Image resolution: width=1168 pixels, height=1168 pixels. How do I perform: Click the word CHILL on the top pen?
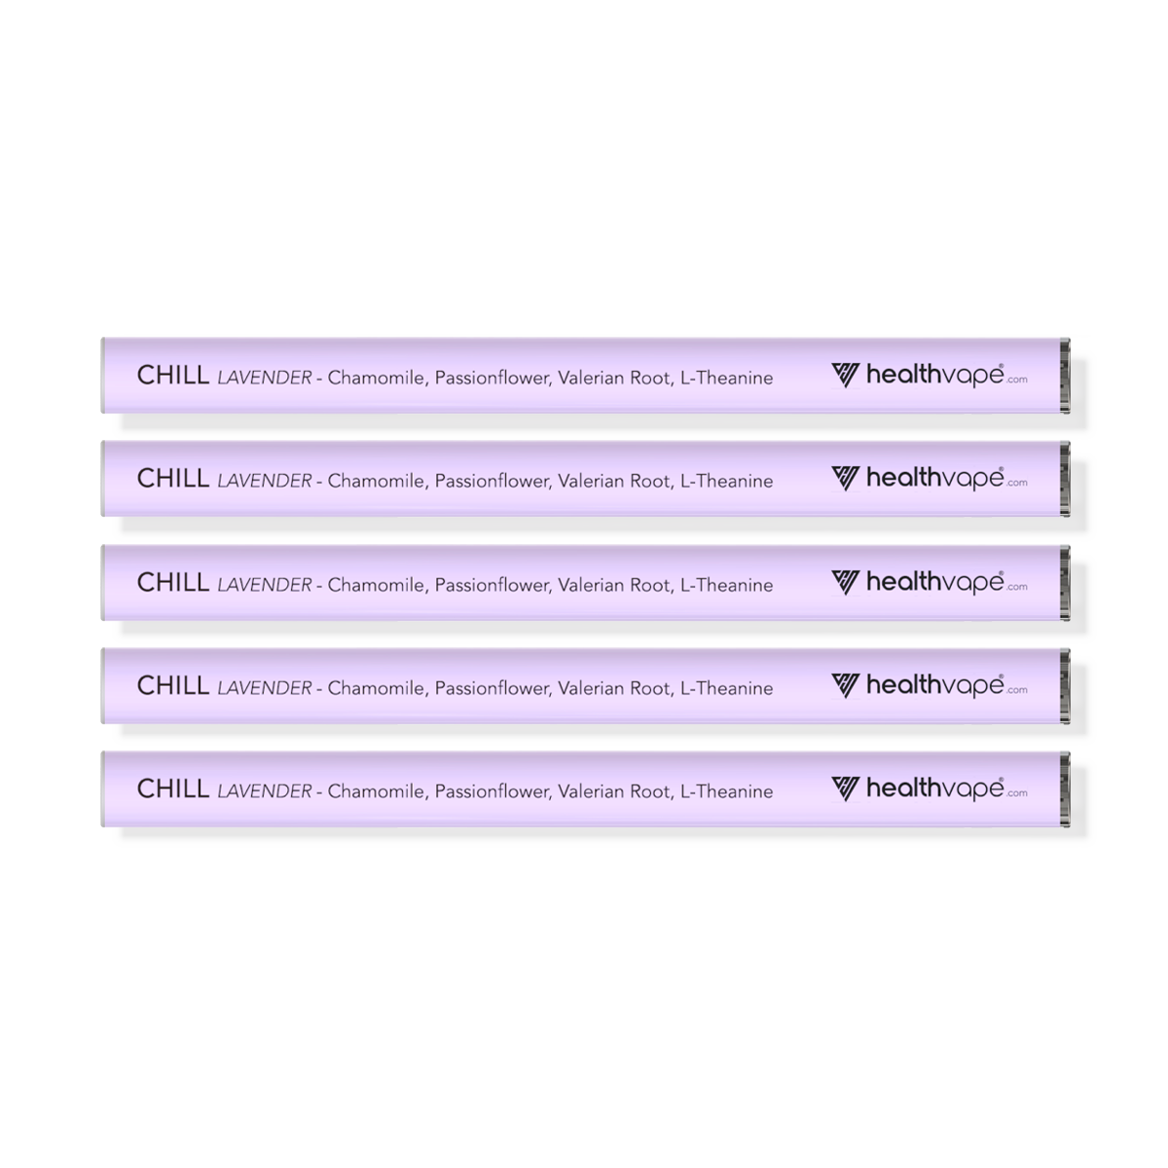tap(172, 376)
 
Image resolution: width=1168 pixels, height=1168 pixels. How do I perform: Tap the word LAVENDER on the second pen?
tap(265, 481)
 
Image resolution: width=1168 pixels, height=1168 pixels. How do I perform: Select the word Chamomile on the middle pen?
tap(376, 585)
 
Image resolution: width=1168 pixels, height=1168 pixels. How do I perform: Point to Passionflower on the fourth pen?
tap(491, 688)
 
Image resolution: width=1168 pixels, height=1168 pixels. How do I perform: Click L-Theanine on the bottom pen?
tap(726, 791)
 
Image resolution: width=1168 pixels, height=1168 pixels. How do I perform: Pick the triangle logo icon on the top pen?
tap(845, 375)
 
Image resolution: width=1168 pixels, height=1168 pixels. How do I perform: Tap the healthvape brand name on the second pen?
tap(934, 479)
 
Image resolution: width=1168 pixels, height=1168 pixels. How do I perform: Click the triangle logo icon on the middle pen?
tap(845, 582)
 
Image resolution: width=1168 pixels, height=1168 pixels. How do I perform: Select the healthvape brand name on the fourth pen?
tap(934, 686)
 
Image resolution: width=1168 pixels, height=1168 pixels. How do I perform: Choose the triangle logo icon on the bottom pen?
tap(845, 788)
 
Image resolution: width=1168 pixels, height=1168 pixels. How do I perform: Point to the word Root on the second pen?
tap(649, 481)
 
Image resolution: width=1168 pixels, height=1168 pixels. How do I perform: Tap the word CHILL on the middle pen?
tap(172, 582)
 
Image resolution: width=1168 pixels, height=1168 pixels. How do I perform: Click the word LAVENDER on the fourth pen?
tap(265, 688)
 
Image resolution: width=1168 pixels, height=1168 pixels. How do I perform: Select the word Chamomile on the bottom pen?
tap(376, 791)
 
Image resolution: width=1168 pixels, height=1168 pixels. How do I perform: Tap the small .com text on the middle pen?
tap(1017, 587)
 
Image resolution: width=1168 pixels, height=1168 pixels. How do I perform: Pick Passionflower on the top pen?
tap(491, 378)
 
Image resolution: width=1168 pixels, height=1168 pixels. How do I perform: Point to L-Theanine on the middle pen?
tap(726, 585)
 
